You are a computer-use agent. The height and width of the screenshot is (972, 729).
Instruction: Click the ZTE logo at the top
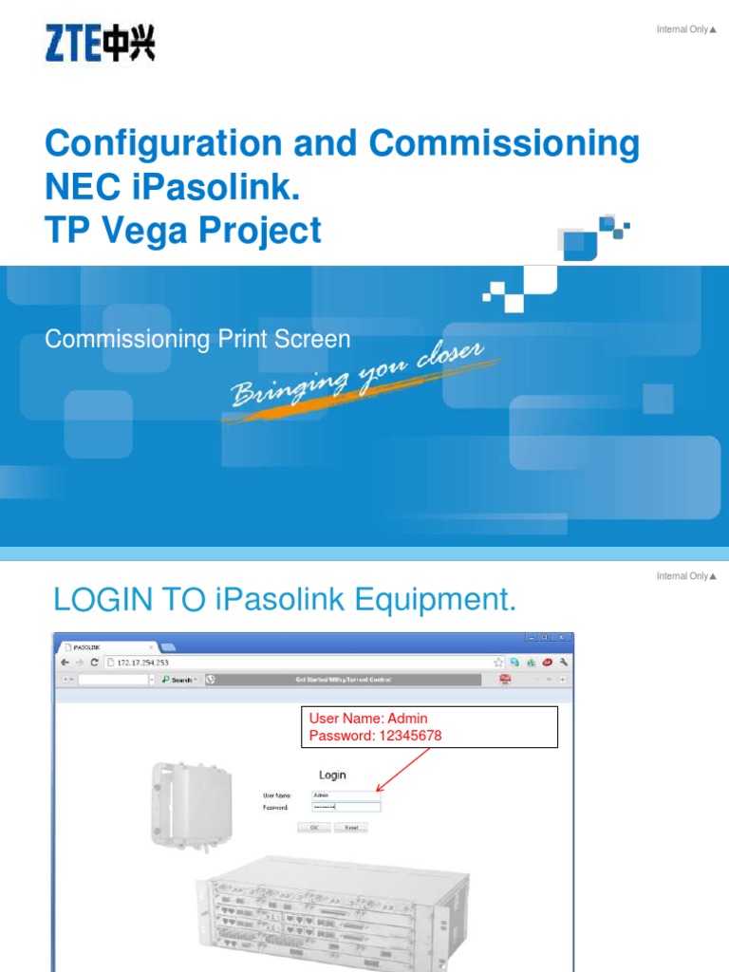pyautogui.click(x=100, y=44)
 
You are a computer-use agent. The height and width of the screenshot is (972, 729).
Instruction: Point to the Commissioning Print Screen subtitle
pyautogui.click(x=197, y=340)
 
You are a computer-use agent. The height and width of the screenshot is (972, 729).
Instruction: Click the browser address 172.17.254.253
pyautogui.click(x=147, y=662)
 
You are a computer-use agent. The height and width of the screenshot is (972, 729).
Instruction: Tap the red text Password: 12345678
pyautogui.click(x=375, y=737)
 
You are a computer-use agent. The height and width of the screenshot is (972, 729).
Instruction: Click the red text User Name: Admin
pyautogui.click(x=368, y=720)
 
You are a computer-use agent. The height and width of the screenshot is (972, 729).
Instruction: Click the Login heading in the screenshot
pyautogui.click(x=332, y=776)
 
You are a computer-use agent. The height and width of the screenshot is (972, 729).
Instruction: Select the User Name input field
pyautogui.click(x=346, y=794)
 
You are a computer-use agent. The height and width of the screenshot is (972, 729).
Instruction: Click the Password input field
pyautogui.click(x=346, y=807)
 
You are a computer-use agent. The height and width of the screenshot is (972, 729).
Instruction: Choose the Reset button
pyautogui.click(x=350, y=828)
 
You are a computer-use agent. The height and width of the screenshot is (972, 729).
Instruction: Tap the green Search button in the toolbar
pyautogui.click(x=178, y=680)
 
